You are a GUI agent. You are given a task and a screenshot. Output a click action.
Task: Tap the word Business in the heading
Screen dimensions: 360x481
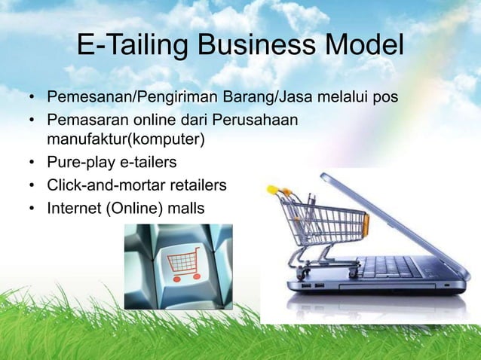click(246, 47)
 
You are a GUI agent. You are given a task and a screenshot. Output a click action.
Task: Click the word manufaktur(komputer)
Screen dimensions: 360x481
click(125, 139)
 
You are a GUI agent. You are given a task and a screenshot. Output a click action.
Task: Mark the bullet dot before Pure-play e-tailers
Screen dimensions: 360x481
click(31, 162)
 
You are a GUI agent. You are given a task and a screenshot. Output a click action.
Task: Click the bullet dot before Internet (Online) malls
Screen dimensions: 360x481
click(31, 205)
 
